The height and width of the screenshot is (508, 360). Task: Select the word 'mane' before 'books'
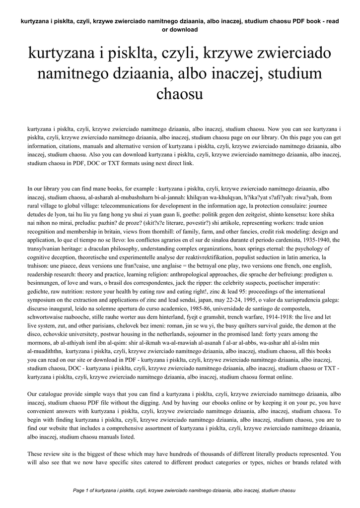[105, 189]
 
